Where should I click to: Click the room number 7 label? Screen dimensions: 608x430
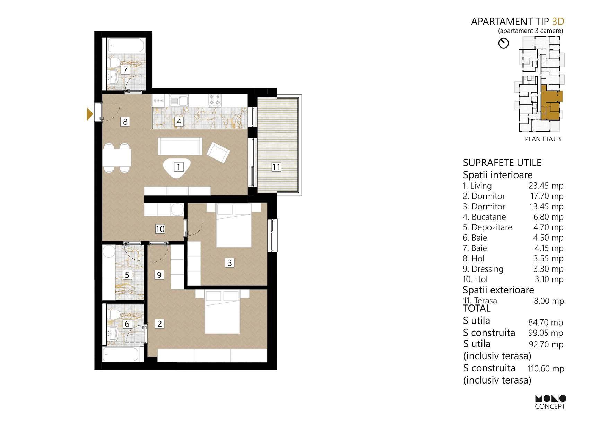pyautogui.click(x=125, y=69)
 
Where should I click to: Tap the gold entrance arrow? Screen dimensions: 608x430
pyautogui.click(x=90, y=114)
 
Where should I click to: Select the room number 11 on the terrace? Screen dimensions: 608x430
pyautogui.click(x=276, y=167)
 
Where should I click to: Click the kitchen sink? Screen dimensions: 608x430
pyautogui.click(x=178, y=101)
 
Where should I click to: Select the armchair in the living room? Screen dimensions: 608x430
pyautogui.click(x=218, y=152)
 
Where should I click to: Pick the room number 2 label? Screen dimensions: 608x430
pyautogui.click(x=159, y=324)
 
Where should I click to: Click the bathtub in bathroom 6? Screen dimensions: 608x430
pyautogui.click(x=121, y=354)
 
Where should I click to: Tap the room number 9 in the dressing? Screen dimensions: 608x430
pyautogui.click(x=159, y=275)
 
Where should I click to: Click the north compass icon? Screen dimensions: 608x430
pyautogui.click(x=503, y=43)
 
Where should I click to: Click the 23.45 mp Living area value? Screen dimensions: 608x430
pyautogui.click(x=546, y=186)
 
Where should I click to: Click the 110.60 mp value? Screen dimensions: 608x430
pyautogui.click(x=546, y=369)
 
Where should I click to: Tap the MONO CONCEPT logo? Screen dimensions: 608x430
pyautogui.click(x=550, y=402)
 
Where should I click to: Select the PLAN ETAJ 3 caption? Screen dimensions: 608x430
pyautogui.click(x=543, y=139)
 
